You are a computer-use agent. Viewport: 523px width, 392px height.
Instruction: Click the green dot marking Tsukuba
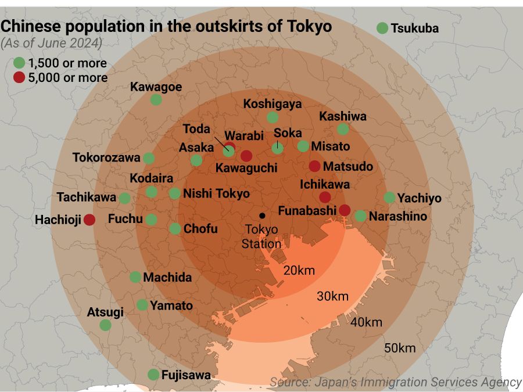382,28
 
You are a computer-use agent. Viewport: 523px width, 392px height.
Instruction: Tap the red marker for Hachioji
89,220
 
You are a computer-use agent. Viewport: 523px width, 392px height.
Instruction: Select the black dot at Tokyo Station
262,215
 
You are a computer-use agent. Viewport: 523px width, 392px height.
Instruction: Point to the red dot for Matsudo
314,166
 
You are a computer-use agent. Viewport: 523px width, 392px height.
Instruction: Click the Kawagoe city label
156,87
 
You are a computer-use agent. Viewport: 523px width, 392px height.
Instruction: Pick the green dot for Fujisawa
153,375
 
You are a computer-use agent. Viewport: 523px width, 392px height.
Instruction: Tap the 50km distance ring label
400,348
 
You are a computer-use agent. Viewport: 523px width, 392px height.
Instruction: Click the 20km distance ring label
299,270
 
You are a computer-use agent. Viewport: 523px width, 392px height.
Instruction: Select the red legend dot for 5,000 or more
19,78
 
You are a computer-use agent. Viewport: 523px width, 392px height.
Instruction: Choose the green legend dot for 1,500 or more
19,63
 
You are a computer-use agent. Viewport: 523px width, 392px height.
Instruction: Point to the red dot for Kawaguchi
246,156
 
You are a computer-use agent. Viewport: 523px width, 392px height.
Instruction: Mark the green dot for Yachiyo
389,197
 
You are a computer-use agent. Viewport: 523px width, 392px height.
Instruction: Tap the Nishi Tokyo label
216,194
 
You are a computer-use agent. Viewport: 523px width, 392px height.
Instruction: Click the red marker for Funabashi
345,210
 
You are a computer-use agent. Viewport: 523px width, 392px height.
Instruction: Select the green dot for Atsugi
105,325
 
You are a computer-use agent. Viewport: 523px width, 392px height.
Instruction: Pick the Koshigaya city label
273,104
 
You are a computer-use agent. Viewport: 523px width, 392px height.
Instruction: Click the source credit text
395,382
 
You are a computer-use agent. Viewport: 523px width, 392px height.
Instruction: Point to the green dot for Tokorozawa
149,158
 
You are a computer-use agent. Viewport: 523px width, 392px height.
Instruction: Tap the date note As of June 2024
52,43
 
